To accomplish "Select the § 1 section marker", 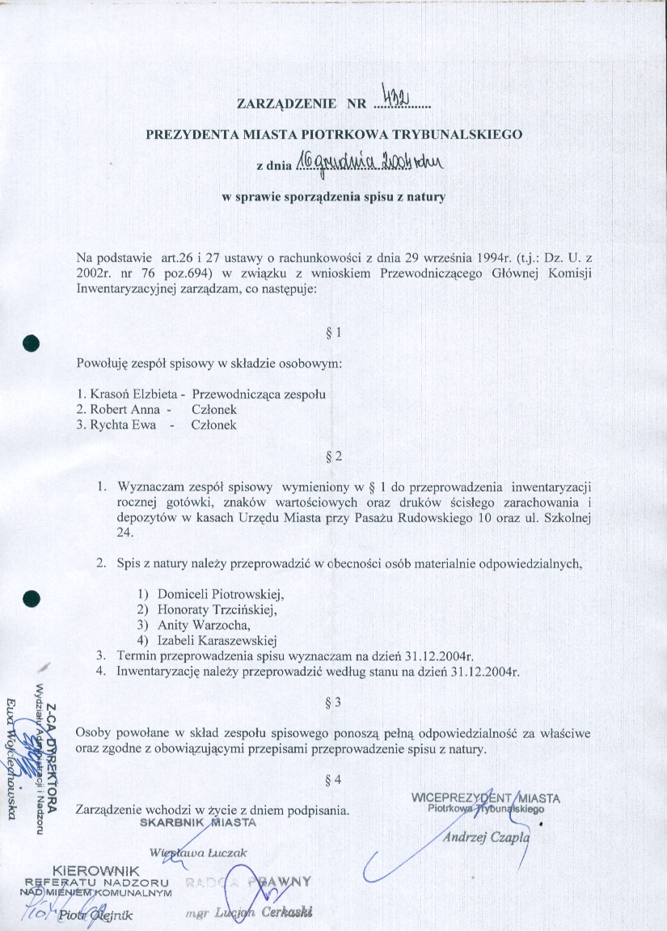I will (338, 332).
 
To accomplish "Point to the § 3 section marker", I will (338, 702).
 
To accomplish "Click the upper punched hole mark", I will (32, 342).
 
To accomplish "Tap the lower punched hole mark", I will (32, 599).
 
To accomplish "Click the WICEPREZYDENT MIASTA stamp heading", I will (485, 798).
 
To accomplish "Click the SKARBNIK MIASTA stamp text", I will (198, 823).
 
